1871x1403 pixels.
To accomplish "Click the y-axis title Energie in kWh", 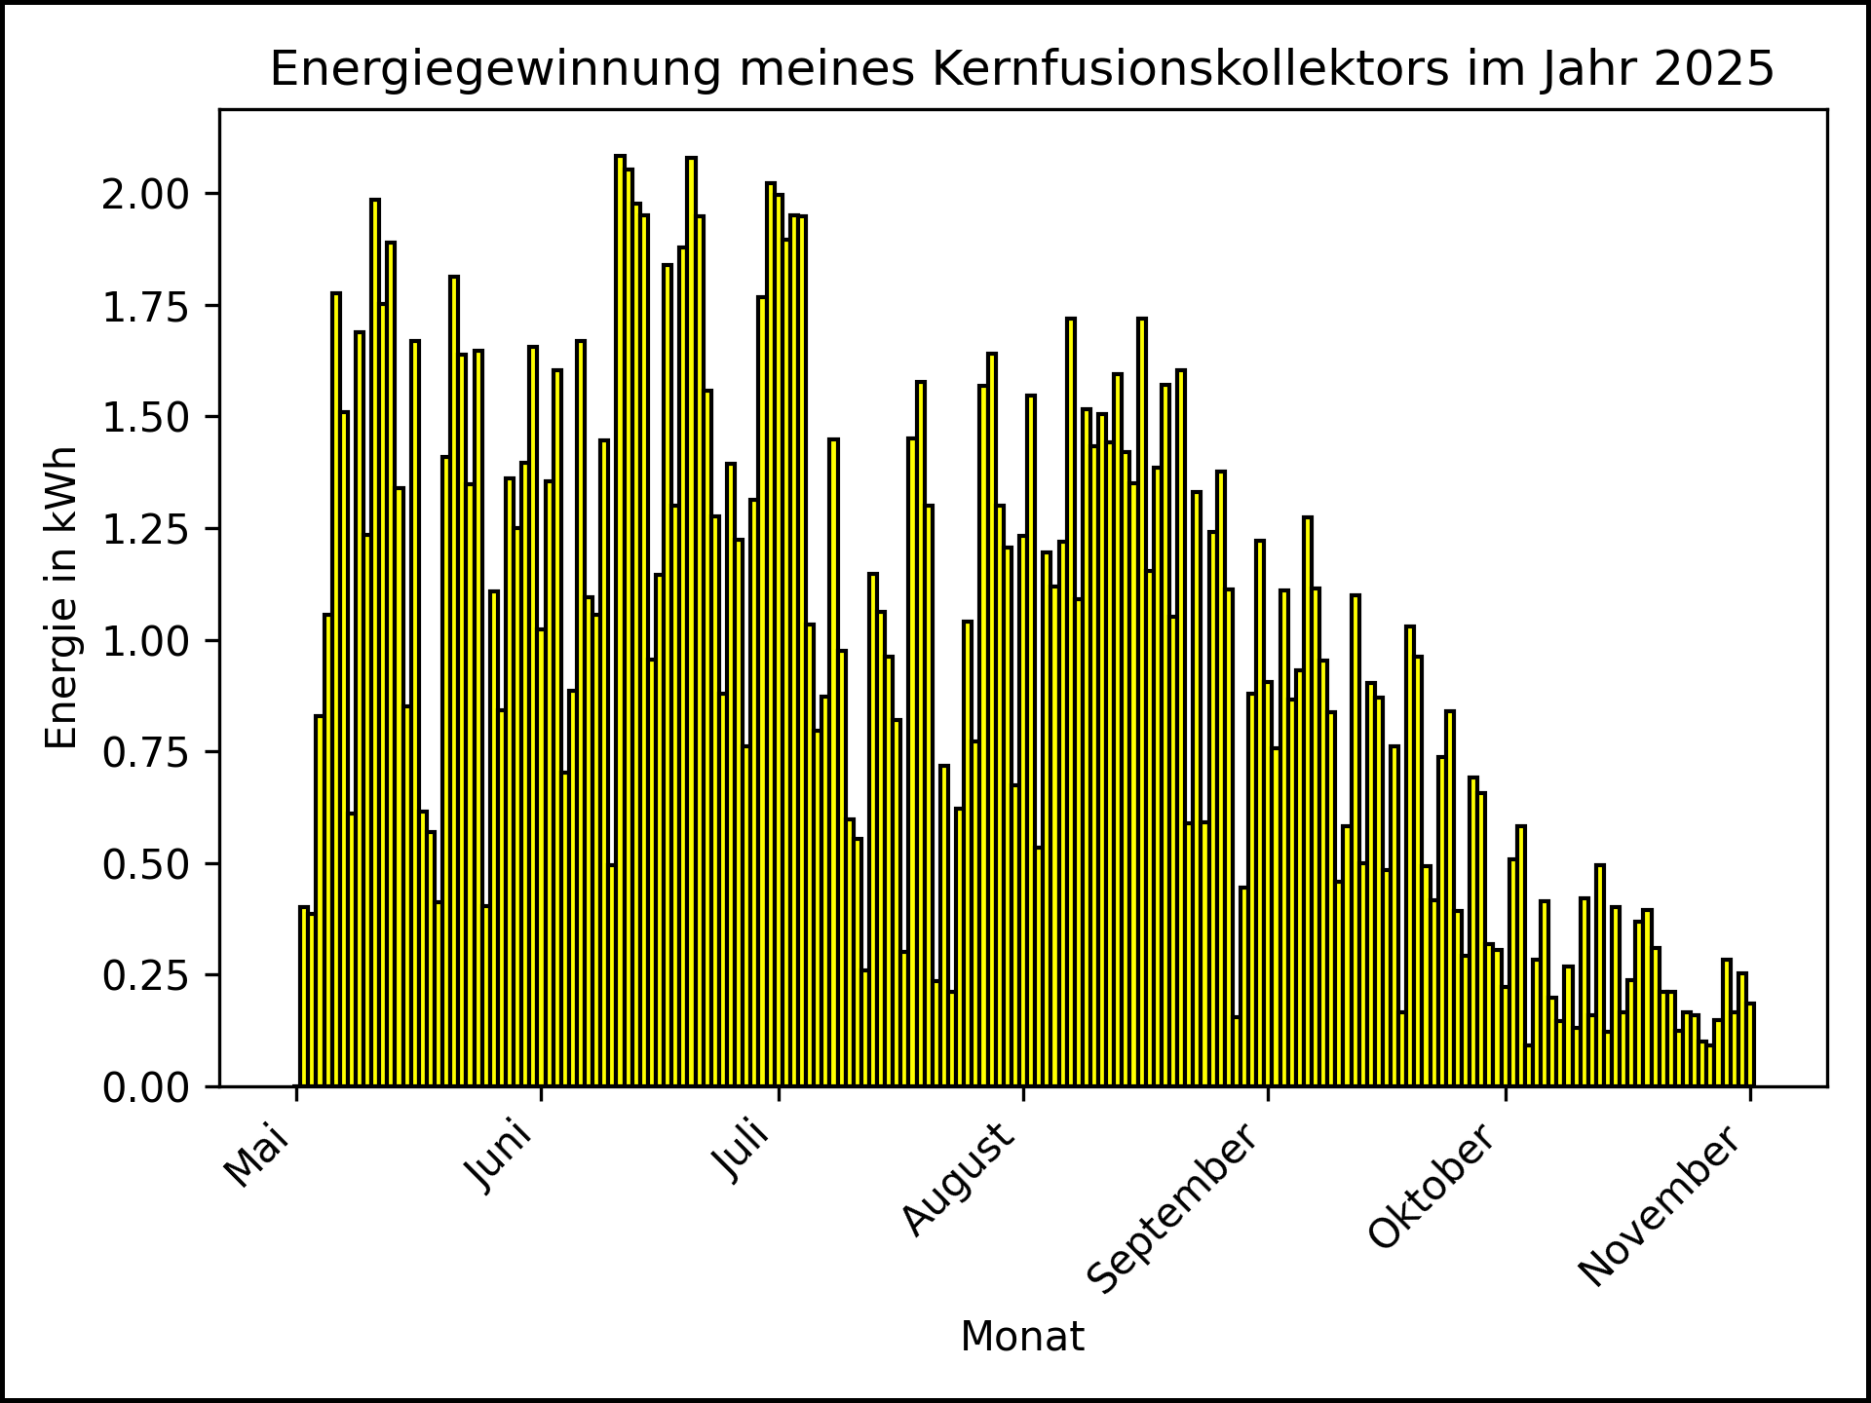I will (x=62, y=598).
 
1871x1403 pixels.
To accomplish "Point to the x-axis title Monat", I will (x=1022, y=1338).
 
